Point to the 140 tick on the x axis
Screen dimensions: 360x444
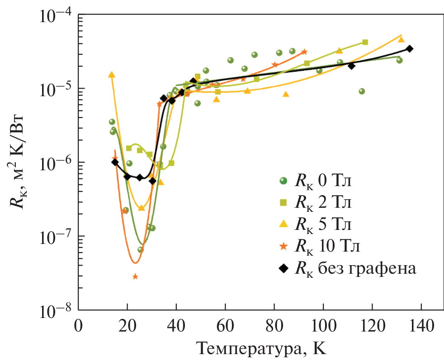click(421, 326)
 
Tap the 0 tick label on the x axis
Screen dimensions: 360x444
click(79, 326)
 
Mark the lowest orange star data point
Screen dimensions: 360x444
click(135, 276)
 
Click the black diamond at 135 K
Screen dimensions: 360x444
click(409, 49)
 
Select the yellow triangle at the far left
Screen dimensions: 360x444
click(112, 75)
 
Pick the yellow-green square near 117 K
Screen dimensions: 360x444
click(365, 42)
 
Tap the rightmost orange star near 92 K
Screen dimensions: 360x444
click(304, 51)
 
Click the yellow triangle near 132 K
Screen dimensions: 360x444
click(401, 40)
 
